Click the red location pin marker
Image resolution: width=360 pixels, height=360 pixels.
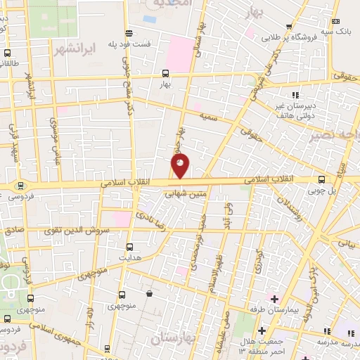181,166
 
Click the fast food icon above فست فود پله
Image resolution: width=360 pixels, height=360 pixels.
129,33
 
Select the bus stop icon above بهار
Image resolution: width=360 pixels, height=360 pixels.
165,72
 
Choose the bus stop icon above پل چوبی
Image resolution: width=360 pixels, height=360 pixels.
321,179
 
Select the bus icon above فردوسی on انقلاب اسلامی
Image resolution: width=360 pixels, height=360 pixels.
20,187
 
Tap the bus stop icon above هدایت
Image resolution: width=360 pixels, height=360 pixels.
129,247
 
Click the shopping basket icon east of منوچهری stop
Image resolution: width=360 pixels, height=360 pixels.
149,293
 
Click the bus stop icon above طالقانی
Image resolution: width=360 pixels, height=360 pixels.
7,53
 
